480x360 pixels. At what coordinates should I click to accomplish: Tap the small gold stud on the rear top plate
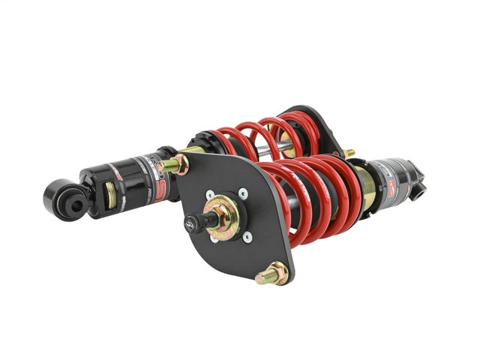[349, 153]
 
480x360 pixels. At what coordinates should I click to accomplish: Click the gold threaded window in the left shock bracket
[112, 196]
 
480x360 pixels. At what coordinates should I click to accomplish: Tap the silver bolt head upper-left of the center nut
[209, 196]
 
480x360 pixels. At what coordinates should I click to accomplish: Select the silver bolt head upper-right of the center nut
[242, 193]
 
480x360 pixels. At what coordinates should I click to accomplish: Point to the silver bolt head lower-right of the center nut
[247, 237]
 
